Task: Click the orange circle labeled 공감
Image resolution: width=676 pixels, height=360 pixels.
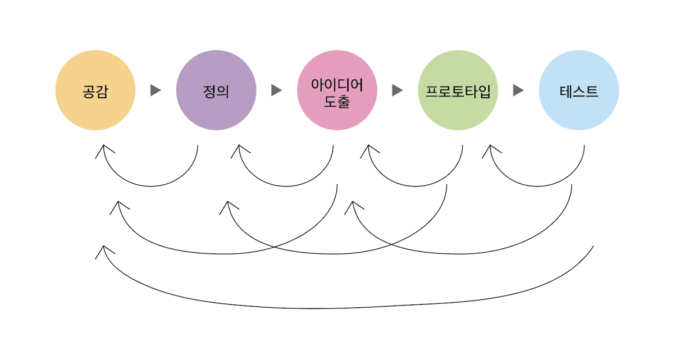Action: (95, 90)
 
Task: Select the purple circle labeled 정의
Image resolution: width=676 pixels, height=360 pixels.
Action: (216, 90)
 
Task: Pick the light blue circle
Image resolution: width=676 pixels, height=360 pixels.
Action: (579, 90)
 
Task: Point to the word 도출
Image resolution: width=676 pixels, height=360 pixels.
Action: (337, 102)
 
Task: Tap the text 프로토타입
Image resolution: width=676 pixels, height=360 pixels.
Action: (458, 91)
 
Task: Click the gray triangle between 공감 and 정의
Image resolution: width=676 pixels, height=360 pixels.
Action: (156, 90)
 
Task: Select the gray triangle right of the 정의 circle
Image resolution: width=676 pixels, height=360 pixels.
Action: (276, 90)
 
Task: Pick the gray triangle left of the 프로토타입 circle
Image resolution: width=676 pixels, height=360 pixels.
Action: (398, 90)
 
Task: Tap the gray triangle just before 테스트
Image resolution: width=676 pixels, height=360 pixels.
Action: (518, 90)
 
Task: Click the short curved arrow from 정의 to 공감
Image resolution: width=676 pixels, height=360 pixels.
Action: (150, 186)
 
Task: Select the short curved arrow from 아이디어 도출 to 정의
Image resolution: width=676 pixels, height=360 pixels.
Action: (285, 186)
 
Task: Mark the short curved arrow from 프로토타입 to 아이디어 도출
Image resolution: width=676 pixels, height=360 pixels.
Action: (415, 186)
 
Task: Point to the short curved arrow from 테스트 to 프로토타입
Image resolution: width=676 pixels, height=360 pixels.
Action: (537, 186)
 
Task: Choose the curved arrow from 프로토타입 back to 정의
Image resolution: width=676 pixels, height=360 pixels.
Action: (337, 254)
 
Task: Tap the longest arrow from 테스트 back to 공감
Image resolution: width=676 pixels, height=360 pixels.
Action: (314, 308)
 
